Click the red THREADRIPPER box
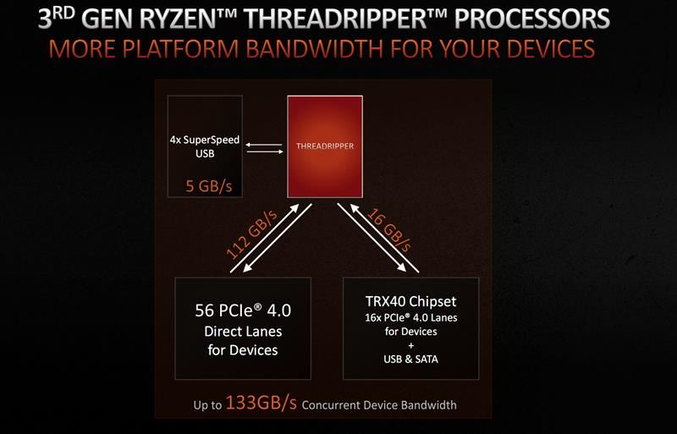324,146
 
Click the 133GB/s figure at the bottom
261,403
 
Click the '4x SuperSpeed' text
206,140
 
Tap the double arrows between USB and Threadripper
264,149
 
